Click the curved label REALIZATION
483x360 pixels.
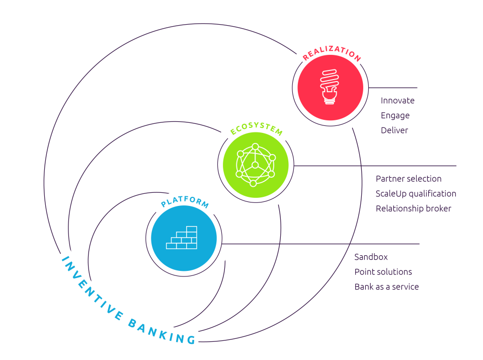click(332, 55)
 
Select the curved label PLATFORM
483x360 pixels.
click(185, 203)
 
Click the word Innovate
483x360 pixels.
click(397, 101)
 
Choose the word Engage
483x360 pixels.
click(395, 115)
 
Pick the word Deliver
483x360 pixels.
click(394, 130)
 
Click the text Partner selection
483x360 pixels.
click(409, 179)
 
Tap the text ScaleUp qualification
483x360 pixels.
click(416, 194)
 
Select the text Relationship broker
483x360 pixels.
click(413, 208)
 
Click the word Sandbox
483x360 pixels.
click(371, 257)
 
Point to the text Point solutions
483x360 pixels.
click(383, 272)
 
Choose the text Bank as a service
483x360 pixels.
click(386, 287)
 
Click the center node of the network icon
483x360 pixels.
click(255, 165)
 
